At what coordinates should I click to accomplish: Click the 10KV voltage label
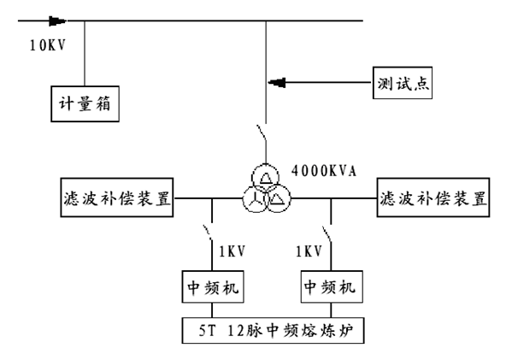(48, 45)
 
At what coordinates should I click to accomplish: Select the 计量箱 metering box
(85, 103)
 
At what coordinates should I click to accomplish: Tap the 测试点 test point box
(403, 83)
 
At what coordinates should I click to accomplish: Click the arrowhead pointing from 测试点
(277, 83)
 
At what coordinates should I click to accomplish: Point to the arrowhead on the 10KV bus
(57, 21)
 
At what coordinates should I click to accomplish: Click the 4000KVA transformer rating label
(324, 171)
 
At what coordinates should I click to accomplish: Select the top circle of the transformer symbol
(265, 177)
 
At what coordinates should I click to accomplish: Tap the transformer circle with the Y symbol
(256, 199)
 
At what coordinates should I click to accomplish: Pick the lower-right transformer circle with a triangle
(277, 198)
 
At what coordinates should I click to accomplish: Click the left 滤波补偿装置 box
(117, 198)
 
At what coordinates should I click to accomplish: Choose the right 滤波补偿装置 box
(433, 198)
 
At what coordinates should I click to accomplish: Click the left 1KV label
(232, 251)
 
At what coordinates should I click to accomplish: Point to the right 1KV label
(309, 251)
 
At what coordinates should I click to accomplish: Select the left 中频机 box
(213, 286)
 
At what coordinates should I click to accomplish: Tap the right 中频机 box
(332, 286)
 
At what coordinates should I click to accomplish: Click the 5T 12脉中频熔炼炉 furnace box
(273, 331)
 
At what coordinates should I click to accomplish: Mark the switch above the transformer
(262, 133)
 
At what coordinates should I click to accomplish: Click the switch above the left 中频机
(208, 233)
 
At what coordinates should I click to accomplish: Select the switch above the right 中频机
(327, 234)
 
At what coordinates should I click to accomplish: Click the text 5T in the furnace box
(207, 330)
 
